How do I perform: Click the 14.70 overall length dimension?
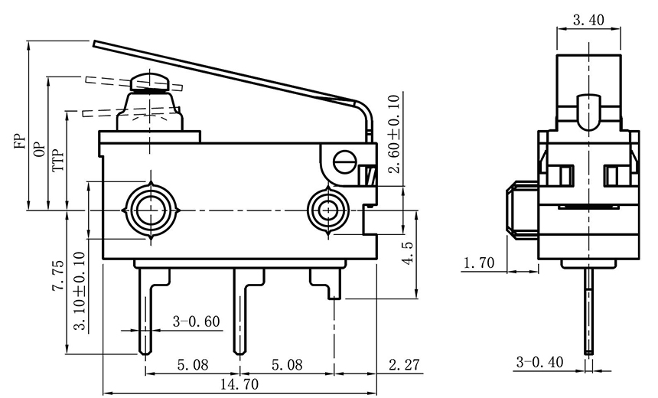click(x=239, y=384)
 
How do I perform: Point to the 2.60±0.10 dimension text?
click(x=394, y=134)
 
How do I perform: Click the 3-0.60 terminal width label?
click(x=197, y=321)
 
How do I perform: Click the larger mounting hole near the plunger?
click(x=151, y=209)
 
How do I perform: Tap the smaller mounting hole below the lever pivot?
click(x=328, y=209)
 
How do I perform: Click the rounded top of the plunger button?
click(x=150, y=80)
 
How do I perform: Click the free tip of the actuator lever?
click(x=96, y=44)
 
